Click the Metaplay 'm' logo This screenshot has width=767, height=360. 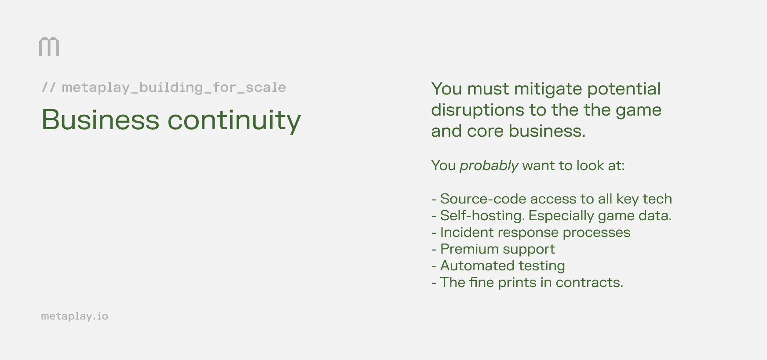(49, 47)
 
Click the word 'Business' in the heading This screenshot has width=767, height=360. (100, 120)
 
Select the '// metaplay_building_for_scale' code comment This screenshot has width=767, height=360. (164, 87)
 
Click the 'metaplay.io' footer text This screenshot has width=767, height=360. (74, 316)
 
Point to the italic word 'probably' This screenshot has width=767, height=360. (489, 166)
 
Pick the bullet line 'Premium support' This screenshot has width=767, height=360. (497, 249)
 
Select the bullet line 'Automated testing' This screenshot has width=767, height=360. (502, 265)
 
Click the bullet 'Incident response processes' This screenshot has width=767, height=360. (535, 232)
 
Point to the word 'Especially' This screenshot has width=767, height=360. (561, 215)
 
